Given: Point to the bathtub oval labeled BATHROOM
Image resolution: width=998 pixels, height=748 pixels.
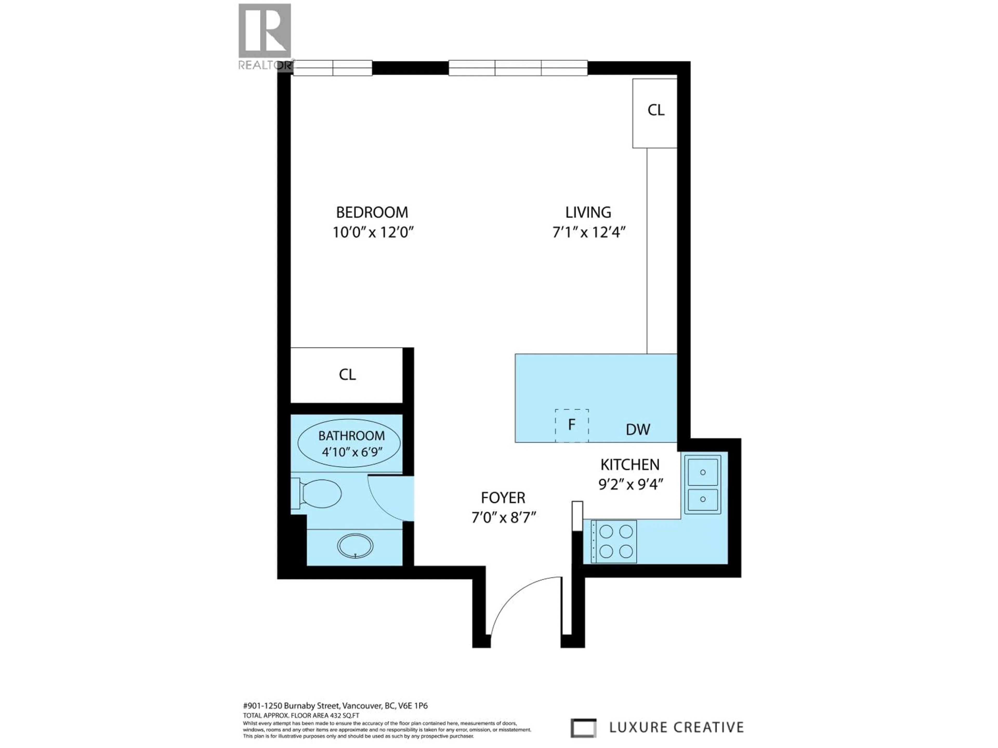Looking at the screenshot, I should point(349,443).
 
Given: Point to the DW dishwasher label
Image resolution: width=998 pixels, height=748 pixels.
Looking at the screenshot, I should point(638,430).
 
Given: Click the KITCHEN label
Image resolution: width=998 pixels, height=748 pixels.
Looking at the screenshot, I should point(629,464).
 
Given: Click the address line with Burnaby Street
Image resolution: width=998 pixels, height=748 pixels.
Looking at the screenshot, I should point(335,706).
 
